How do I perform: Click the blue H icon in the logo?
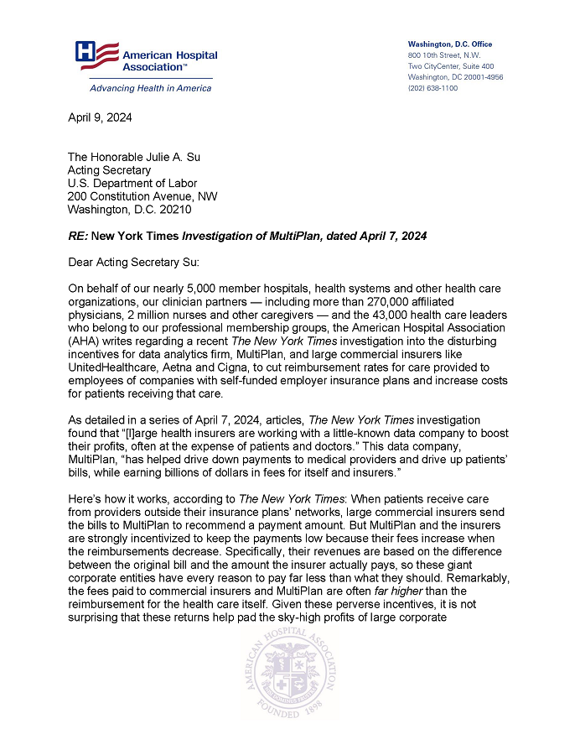pos(85,52)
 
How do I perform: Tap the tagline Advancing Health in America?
pos(140,88)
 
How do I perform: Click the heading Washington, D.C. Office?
pos(450,44)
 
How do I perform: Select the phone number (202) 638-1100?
pos(432,88)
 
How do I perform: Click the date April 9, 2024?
pos(99,117)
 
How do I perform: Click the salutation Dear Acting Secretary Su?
pos(135,263)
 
